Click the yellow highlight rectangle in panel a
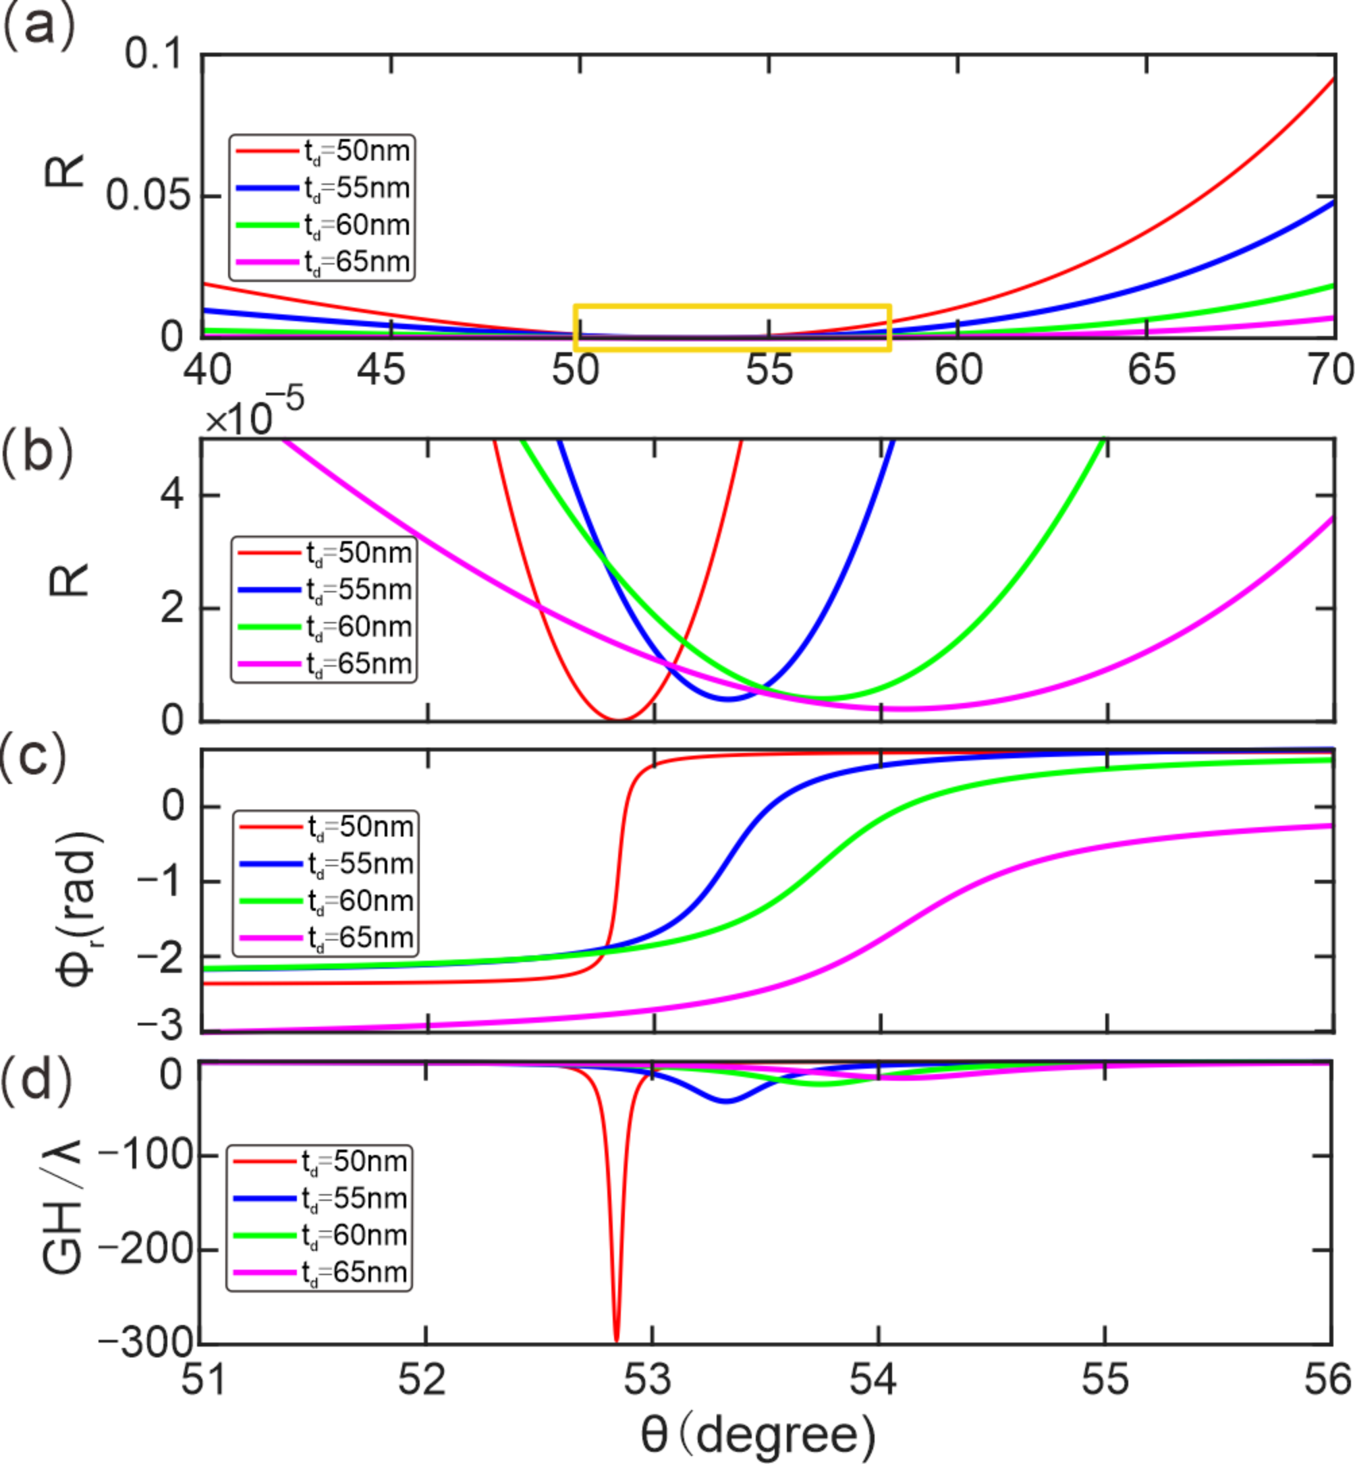click(x=731, y=307)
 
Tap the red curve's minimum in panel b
click(x=618, y=719)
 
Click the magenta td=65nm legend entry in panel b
click(x=325, y=663)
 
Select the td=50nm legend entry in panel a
click(x=323, y=151)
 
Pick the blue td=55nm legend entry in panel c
click(x=327, y=864)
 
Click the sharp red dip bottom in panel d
click(x=616, y=1337)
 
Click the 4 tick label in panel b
click(x=172, y=496)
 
